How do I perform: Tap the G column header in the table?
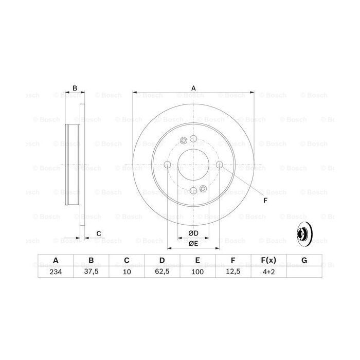[304, 261]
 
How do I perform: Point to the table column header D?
[162, 261]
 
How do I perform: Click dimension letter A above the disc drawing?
[193, 88]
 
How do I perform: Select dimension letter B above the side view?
[75, 88]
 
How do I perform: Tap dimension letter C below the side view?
[98, 234]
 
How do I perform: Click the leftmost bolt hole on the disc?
[168, 165]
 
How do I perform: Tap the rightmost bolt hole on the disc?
[220, 165]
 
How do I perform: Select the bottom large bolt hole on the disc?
[193, 191]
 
